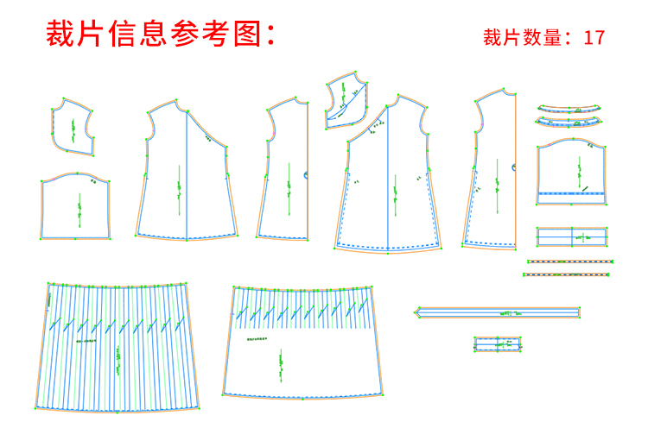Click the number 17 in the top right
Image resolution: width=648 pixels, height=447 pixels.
pyautogui.click(x=594, y=38)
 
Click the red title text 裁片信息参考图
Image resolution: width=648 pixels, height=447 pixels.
pyautogui.click(x=160, y=34)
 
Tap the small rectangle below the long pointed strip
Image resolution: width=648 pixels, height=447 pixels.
pyautogui.click(x=499, y=344)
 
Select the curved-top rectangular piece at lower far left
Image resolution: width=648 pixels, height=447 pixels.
pyautogui.click(x=76, y=207)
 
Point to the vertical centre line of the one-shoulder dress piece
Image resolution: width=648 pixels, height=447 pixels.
pyautogui.click(x=187, y=173)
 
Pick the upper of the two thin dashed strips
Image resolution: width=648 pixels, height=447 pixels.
pyautogui.click(x=570, y=261)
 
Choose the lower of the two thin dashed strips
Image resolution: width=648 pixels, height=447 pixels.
pyautogui.click(x=566, y=274)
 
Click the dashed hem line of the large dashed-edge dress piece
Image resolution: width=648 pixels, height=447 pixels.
pyautogui.click(x=389, y=247)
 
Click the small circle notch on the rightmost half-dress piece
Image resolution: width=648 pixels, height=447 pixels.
pyautogui.click(x=515, y=166)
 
